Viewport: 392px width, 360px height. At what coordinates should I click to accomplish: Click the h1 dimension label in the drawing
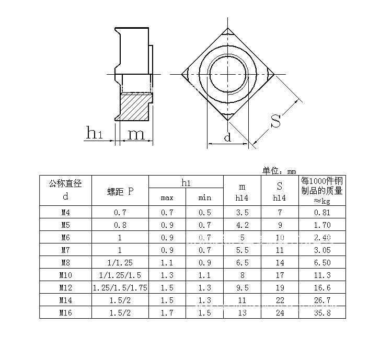94,134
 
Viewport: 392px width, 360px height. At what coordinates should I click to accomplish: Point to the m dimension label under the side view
136,134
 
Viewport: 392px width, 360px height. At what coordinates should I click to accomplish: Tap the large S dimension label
276,121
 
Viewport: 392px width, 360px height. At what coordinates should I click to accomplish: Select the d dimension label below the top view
227,138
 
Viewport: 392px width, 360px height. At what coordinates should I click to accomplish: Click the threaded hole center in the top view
228,73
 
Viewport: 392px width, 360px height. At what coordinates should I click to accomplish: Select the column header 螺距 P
120,191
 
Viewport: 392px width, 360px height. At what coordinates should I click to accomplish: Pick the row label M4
65,213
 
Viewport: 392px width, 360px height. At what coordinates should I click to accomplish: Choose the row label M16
65,312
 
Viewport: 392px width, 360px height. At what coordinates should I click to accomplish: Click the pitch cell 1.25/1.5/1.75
120,287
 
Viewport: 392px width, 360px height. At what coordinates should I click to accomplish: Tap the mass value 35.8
322,312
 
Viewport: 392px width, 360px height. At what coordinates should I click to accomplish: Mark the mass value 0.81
322,213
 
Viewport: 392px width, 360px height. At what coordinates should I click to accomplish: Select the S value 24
280,312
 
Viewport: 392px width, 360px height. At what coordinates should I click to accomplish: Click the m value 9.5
242,287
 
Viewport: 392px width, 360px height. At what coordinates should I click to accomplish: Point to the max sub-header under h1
167,198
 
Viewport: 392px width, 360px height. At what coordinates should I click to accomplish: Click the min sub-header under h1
205,198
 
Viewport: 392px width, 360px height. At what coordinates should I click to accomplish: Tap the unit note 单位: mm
279,171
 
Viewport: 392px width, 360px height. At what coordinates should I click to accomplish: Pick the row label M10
65,275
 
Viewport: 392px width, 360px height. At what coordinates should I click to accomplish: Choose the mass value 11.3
322,275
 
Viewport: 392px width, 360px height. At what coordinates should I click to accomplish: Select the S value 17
280,275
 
